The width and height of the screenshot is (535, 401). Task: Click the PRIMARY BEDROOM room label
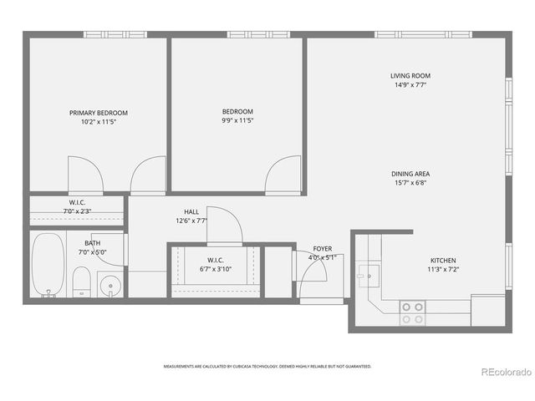pyautogui.click(x=98, y=113)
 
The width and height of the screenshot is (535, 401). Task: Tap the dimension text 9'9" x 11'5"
pyautogui.click(x=237, y=120)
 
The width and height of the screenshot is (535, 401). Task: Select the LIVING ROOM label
pyautogui.click(x=410, y=76)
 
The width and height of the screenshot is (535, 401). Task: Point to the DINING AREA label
pyautogui.click(x=410, y=174)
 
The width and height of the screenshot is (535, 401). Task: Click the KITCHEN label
pyautogui.click(x=443, y=260)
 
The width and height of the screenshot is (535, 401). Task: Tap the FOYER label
pyautogui.click(x=323, y=249)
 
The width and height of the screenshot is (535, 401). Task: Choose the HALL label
pyautogui.click(x=191, y=212)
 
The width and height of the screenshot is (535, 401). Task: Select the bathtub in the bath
pyautogui.click(x=48, y=266)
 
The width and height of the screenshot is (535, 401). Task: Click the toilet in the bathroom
pyautogui.click(x=81, y=282)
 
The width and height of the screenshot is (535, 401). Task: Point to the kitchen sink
pyautogui.click(x=368, y=274)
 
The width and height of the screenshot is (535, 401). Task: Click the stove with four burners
pyautogui.click(x=412, y=312)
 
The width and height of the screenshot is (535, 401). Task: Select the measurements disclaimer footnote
pyautogui.click(x=267, y=366)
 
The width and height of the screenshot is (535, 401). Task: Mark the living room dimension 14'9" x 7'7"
pyautogui.click(x=410, y=84)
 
